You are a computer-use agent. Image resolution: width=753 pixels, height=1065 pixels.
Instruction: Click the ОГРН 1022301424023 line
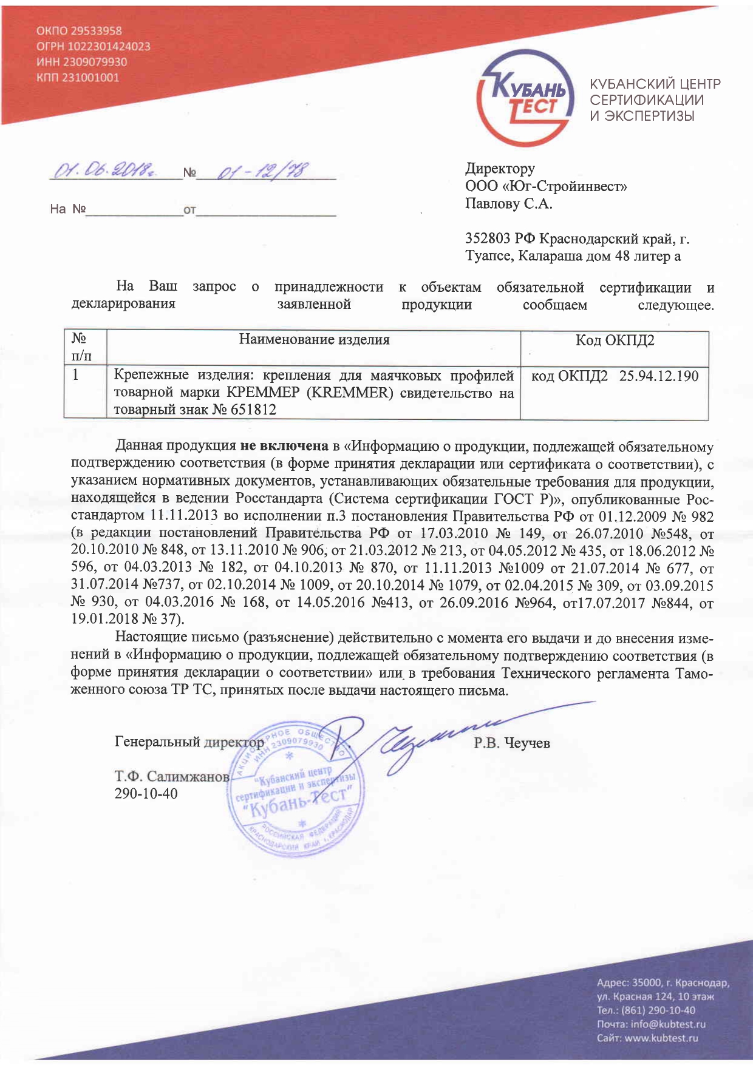[93, 46]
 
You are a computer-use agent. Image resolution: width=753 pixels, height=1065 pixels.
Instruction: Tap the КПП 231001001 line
[78, 78]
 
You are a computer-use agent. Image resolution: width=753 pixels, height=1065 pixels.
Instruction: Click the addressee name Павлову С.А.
[508, 203]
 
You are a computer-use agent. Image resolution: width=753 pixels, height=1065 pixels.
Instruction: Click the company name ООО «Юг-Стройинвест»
[546, 186]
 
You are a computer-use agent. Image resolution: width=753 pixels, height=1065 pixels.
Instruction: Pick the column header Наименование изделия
[313, 340]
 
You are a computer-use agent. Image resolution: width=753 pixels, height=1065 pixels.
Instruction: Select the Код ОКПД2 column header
[614, 340]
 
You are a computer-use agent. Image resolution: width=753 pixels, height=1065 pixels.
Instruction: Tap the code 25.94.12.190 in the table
[659, 376]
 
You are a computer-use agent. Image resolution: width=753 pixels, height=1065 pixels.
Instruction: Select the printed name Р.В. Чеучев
[511, 743]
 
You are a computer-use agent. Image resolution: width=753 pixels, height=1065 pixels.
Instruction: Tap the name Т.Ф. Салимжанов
[172, 776]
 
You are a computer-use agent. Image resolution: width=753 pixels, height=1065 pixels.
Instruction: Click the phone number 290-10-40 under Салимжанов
[146, 793]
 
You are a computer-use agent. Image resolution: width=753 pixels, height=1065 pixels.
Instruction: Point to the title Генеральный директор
[189, 742]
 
